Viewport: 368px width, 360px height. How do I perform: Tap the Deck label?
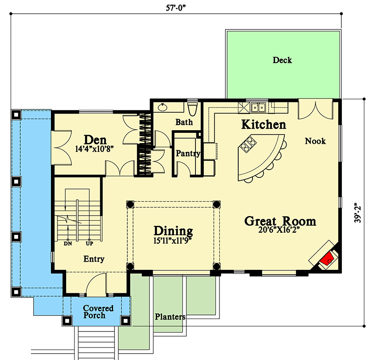[x=282, y=60]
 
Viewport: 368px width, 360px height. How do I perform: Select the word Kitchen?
[x=264, y=125]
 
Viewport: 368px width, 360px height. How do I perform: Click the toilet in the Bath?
[x=193, y=109]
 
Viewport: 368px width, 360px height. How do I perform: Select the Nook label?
[x=315, y=141]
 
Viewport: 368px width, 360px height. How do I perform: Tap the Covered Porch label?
[x=98, y=312]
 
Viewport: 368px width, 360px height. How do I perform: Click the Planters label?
[x=170, y=317]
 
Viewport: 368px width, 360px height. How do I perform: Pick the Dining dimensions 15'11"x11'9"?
[x=172, y=240]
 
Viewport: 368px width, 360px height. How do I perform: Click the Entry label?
[x=93, y=259]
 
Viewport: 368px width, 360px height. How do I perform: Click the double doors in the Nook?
[x=316, y=109]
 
